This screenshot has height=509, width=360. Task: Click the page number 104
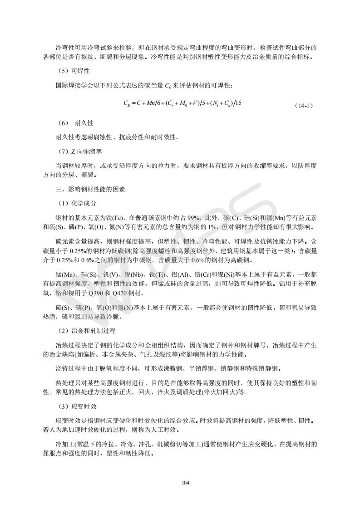coord(185,483)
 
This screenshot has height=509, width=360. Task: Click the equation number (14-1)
coord(303,106)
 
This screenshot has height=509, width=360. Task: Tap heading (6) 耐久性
coord(75,123)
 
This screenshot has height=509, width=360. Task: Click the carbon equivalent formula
coord(182,103)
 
